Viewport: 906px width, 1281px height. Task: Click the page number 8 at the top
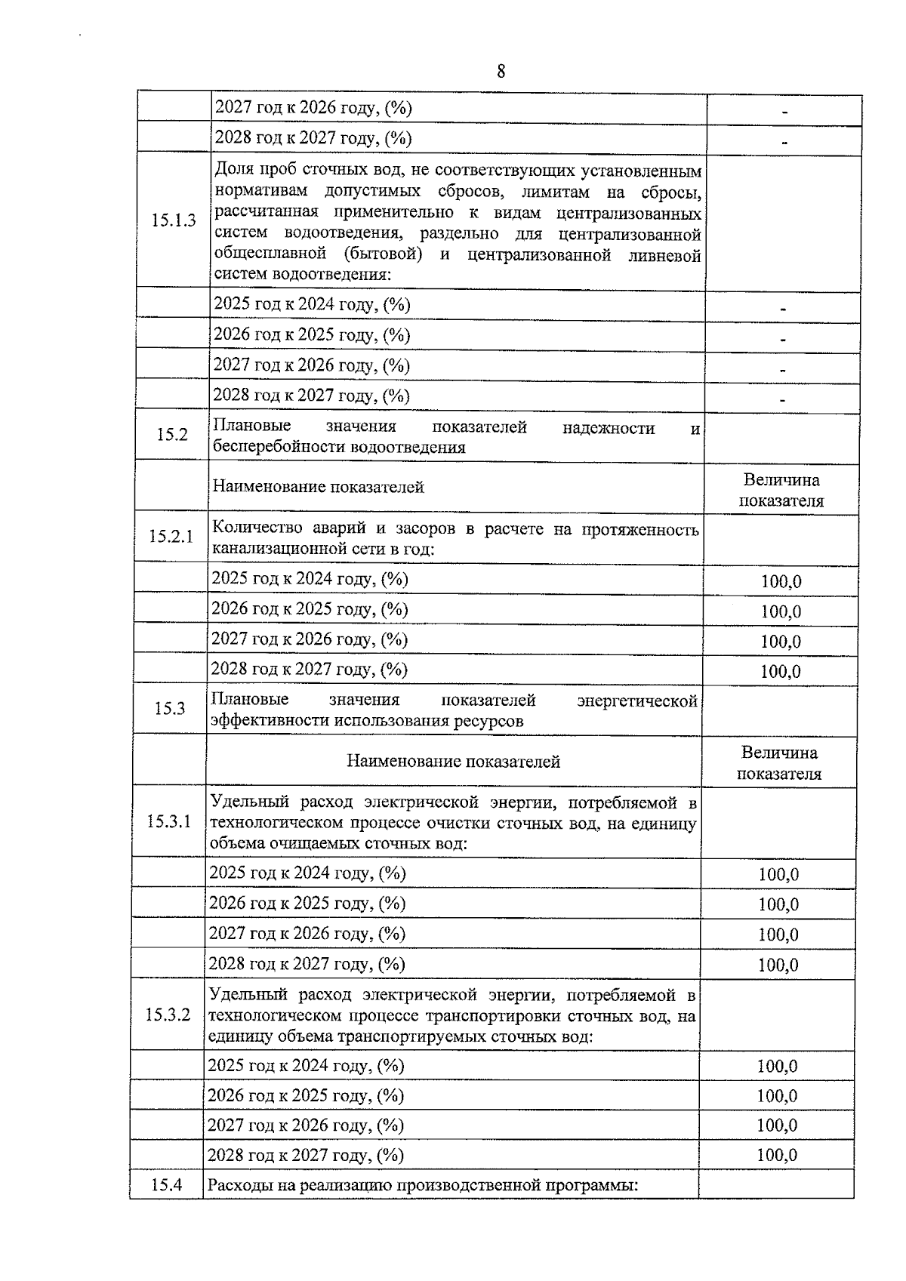tap(501, 72)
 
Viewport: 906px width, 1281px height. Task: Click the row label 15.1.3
tap(173, 220)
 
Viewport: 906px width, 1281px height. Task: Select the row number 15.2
tap(171, 434)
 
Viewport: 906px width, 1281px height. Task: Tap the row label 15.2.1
tap(171, 537)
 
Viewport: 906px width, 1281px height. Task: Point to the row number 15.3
tap(170, 708)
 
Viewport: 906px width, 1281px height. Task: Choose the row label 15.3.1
tap(169, 821)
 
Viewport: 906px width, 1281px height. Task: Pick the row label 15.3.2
tap(168, 1015)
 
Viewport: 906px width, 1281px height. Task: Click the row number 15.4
tap(166, 1185)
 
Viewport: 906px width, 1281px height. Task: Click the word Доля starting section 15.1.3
tap(233, 170)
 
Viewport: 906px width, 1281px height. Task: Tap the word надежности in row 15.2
tap(609, 428)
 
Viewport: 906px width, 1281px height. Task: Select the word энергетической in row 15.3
tap(636, 701)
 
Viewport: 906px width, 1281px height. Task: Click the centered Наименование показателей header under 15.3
tap(453, 762)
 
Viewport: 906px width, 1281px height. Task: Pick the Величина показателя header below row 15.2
tap(781, 490)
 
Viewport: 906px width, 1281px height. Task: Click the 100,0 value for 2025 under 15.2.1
tap(781, 581)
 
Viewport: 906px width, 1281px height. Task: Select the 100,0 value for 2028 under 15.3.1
tap(778, 965)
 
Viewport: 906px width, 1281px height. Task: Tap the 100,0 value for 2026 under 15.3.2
tap(777, 1096)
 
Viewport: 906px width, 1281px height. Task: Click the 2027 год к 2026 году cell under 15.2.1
tap(310, 639)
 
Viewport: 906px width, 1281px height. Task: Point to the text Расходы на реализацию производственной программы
tap(423, 1185)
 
